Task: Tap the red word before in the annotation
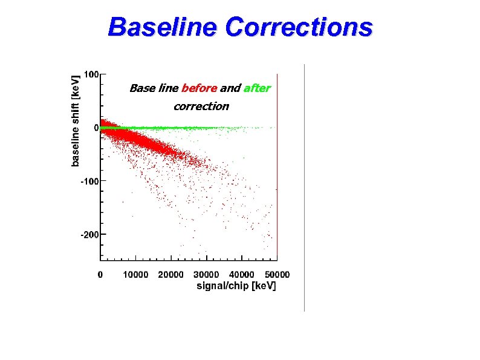pos(199,88)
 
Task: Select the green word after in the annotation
pos(257,88)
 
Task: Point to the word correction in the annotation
pos(201,106)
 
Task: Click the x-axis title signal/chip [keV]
pos(236,286)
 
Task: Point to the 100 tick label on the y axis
pos(91,74)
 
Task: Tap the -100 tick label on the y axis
pos(89,181)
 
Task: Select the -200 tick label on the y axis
pos(89,234)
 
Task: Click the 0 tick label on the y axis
pos(96,128)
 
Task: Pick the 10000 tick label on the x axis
pos(135,275)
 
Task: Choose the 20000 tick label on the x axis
pos(171,275)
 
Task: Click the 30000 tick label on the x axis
pos(206,275)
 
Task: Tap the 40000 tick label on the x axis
pos(242,275)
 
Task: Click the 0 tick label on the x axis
pos(100,275)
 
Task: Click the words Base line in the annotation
pos(154,88)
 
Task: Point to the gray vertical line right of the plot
pos(304,188)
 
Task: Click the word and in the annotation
pos(230,88)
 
